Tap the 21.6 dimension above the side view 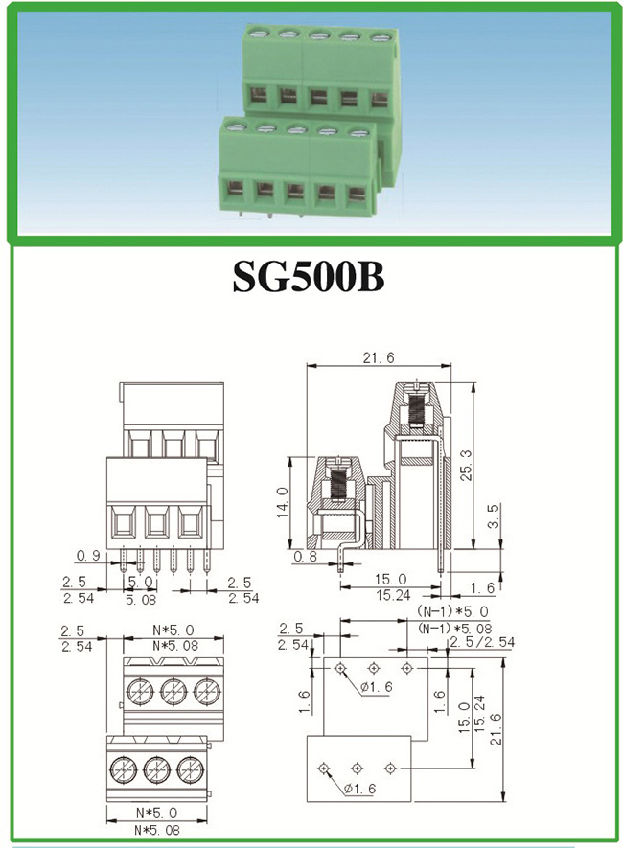coord(379,357)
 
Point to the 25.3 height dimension coord(466,465)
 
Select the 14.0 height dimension coord(283,502)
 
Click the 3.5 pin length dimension coord(494,516)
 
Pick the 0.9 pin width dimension coord(89,556)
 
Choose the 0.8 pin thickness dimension coord(306,556)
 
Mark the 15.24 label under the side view coord(393,595)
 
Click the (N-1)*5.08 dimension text coord(455,628)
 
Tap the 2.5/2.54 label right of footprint coord(482,642)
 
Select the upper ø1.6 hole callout coord(377,687)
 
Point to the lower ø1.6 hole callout coord(359,789)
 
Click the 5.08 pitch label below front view coord(141,599)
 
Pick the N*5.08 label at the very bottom coord(157,830)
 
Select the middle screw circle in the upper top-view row coord(173,691)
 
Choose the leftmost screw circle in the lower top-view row coord(124,768)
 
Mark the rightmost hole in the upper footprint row coord(406,668)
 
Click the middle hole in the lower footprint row coord(357,768)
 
